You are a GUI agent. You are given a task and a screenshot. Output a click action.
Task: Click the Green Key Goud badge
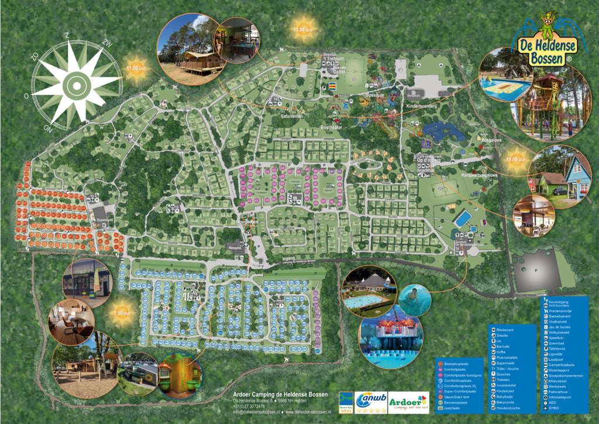pos(346,404)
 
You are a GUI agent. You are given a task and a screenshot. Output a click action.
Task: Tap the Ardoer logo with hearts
pos(408,402)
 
